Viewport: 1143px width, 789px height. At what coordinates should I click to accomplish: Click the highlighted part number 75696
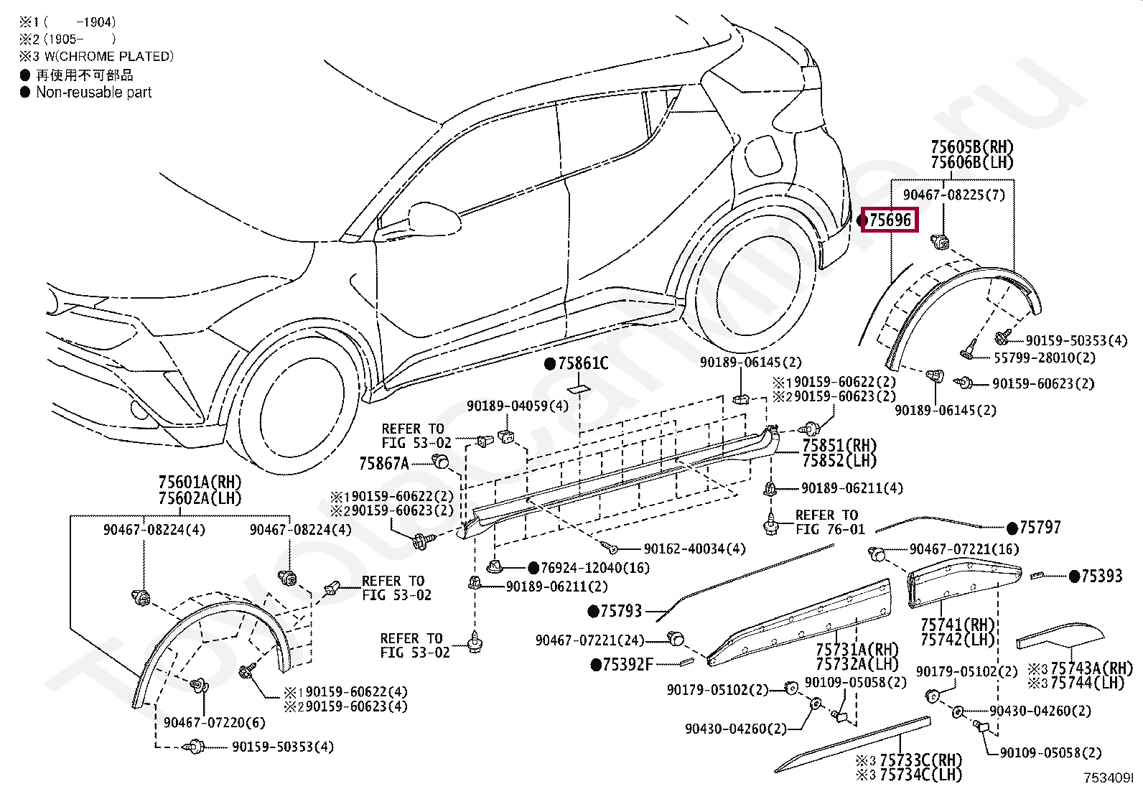click(890, 220)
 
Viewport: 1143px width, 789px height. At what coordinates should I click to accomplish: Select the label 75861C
click(583, 363)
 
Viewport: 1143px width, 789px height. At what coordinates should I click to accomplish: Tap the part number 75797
click(1040, 528)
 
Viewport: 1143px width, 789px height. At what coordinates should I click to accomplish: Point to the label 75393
click(1101, 576)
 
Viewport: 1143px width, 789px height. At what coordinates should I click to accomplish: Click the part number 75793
click(621, 611)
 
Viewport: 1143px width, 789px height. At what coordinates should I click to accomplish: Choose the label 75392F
click(628, 665)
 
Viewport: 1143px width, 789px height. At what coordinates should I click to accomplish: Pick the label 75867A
click(384, 463)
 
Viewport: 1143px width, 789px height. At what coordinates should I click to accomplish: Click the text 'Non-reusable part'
click(94, 93)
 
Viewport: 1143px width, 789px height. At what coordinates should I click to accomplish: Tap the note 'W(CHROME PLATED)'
click(109, 56)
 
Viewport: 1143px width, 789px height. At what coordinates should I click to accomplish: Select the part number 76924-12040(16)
click(595, 568)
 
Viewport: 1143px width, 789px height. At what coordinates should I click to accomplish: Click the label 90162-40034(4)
click(694, 548)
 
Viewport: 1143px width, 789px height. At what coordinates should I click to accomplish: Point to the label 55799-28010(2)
click(1045, 358)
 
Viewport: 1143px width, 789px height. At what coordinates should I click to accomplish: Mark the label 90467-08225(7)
click(953, 195)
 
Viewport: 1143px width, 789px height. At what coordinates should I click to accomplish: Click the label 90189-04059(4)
click(518, 406)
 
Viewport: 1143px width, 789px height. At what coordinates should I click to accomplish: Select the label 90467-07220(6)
click(214, 723)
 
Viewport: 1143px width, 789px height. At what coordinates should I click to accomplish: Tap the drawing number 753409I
click(1109, 778)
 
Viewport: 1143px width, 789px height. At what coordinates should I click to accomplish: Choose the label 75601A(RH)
click(200, 482)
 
